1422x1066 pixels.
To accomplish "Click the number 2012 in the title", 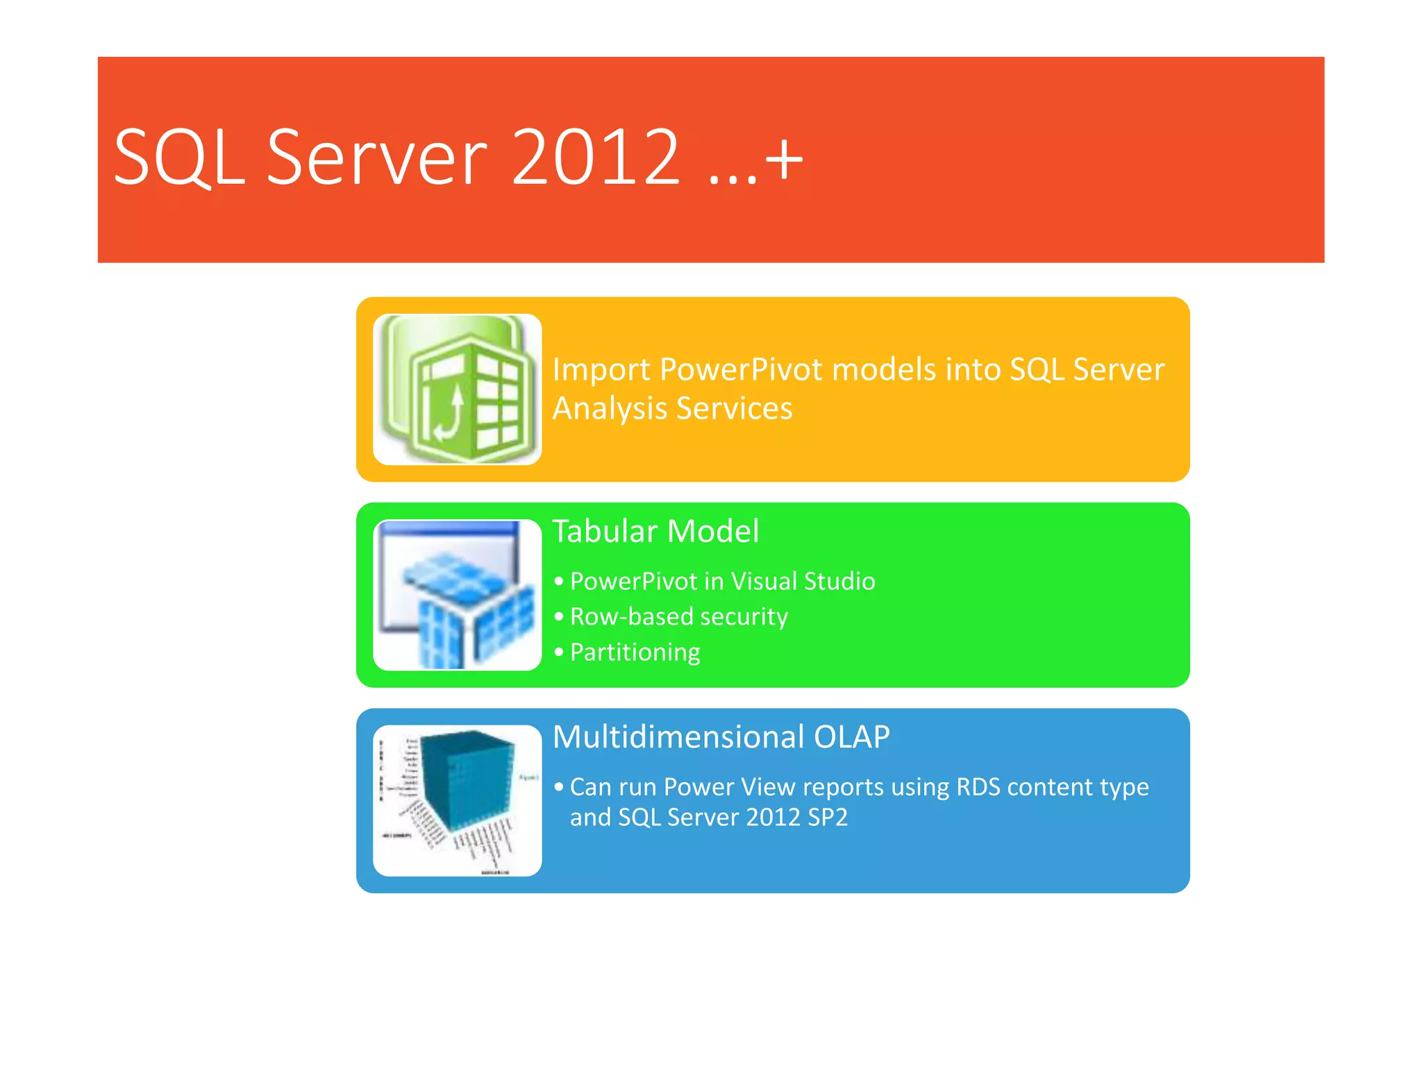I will click(x=595, y=158).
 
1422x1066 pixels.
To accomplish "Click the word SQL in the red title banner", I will click(x=179, y=158).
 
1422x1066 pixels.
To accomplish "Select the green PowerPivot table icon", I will click(x=458, y=389).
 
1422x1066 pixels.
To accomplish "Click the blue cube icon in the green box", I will click(x=458, y=595).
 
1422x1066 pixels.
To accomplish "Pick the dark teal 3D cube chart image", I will click(x=458, y=800).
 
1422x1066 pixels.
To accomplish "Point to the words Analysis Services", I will click(x=672, y=408).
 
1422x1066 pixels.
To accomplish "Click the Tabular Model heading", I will click(x=655, y=532).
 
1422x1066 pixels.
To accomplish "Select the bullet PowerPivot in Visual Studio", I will click(x=722, y=582).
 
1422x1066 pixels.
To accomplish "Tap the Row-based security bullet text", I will click(x=678, y=617).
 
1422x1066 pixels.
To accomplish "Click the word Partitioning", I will click(x=635, y=652).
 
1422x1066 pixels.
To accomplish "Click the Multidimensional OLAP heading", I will click(x=721, y=737).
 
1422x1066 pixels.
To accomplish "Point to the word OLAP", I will click(x=851, y=737).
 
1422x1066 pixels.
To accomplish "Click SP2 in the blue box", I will click(x=828, y=818).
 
